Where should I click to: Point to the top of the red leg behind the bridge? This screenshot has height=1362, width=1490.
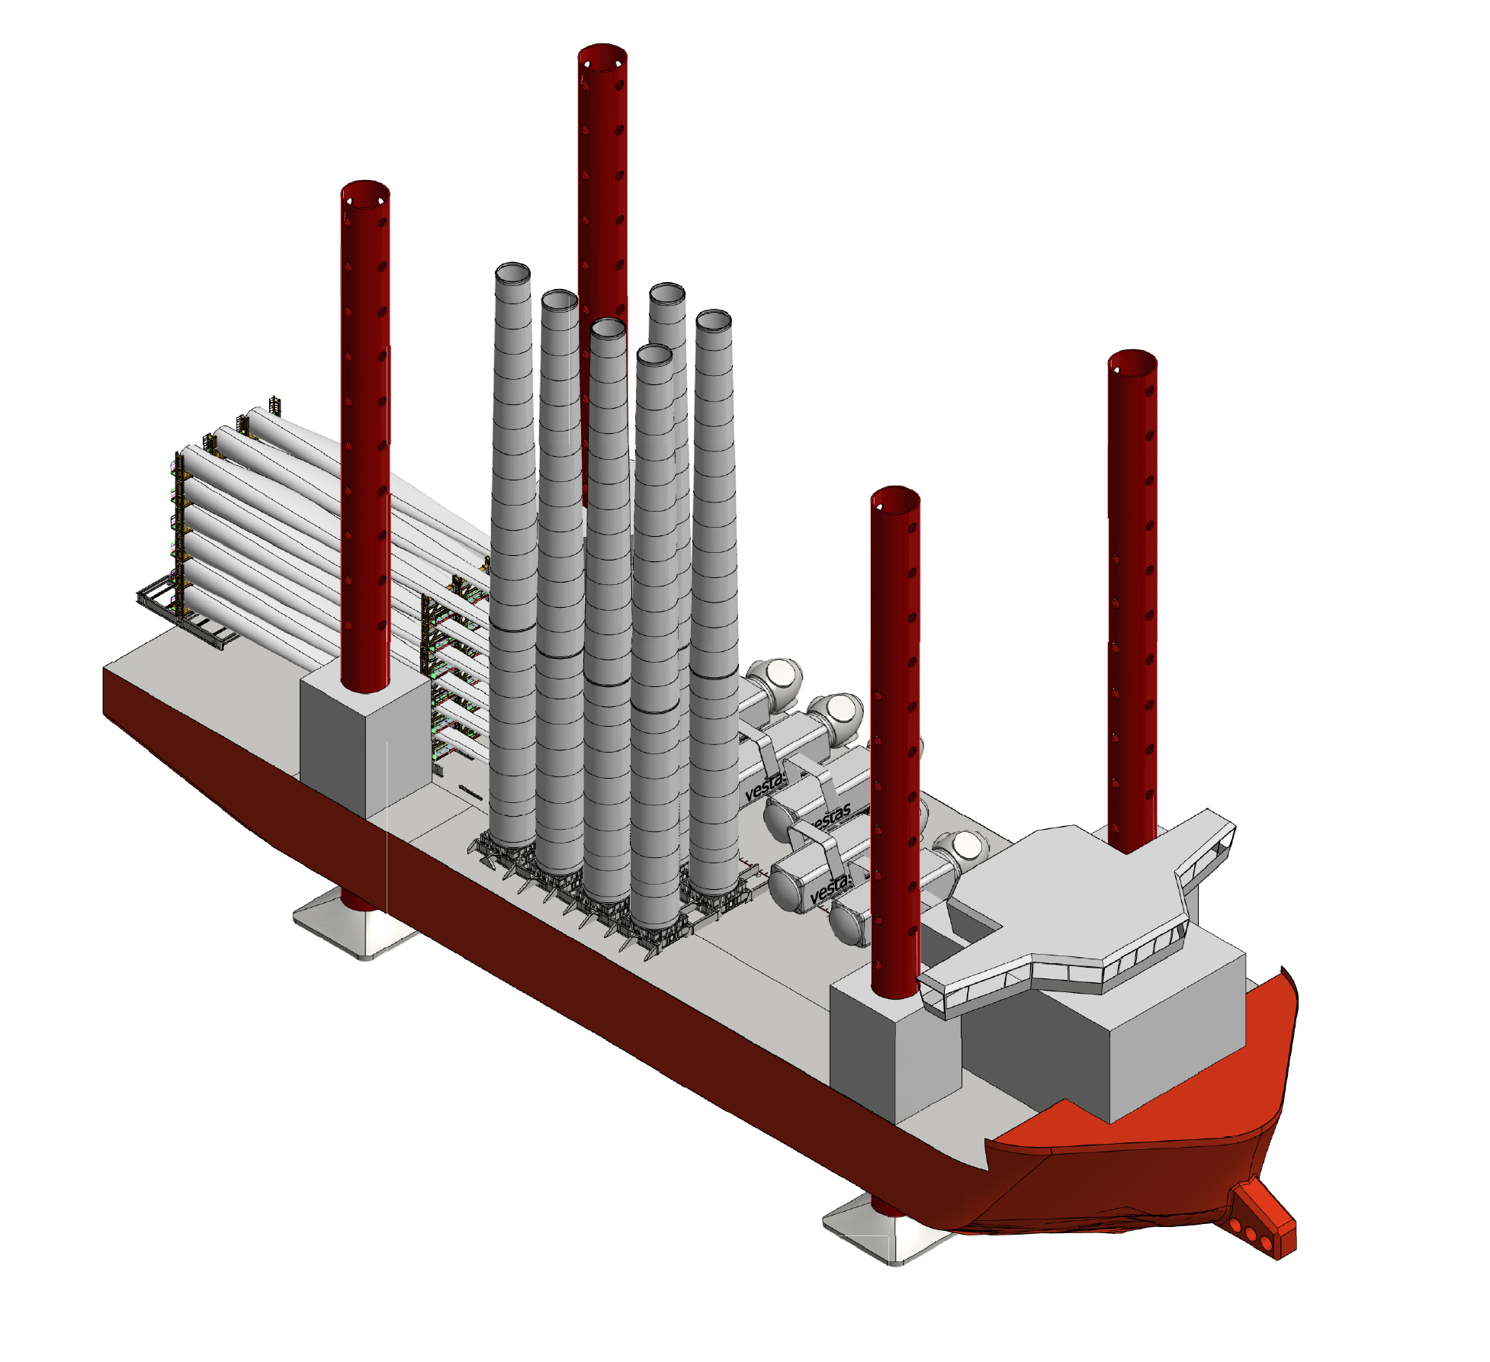tap(1132, 362)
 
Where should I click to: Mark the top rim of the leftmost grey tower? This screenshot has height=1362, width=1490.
tap(512, 273)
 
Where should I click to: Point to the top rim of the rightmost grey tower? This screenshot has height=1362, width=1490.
tap(714, 320)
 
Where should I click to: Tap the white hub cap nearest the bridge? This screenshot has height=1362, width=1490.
tap(967, 846)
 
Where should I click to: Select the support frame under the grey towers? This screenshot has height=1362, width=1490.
tap(610, 900)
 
